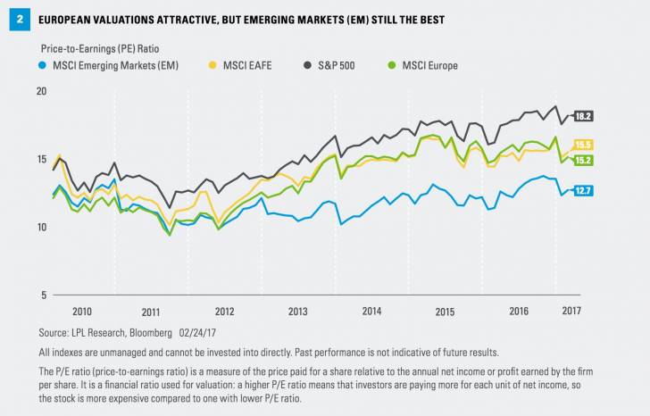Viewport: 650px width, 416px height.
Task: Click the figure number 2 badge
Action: (x=14, y=19)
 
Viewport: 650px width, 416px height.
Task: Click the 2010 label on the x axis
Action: (x=81, y=312)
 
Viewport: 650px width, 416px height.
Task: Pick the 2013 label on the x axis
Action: (x=297, y=312)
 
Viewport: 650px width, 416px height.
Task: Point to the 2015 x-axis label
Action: (x=444, y=312)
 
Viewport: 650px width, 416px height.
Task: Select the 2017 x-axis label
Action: (x=573, y=312)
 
